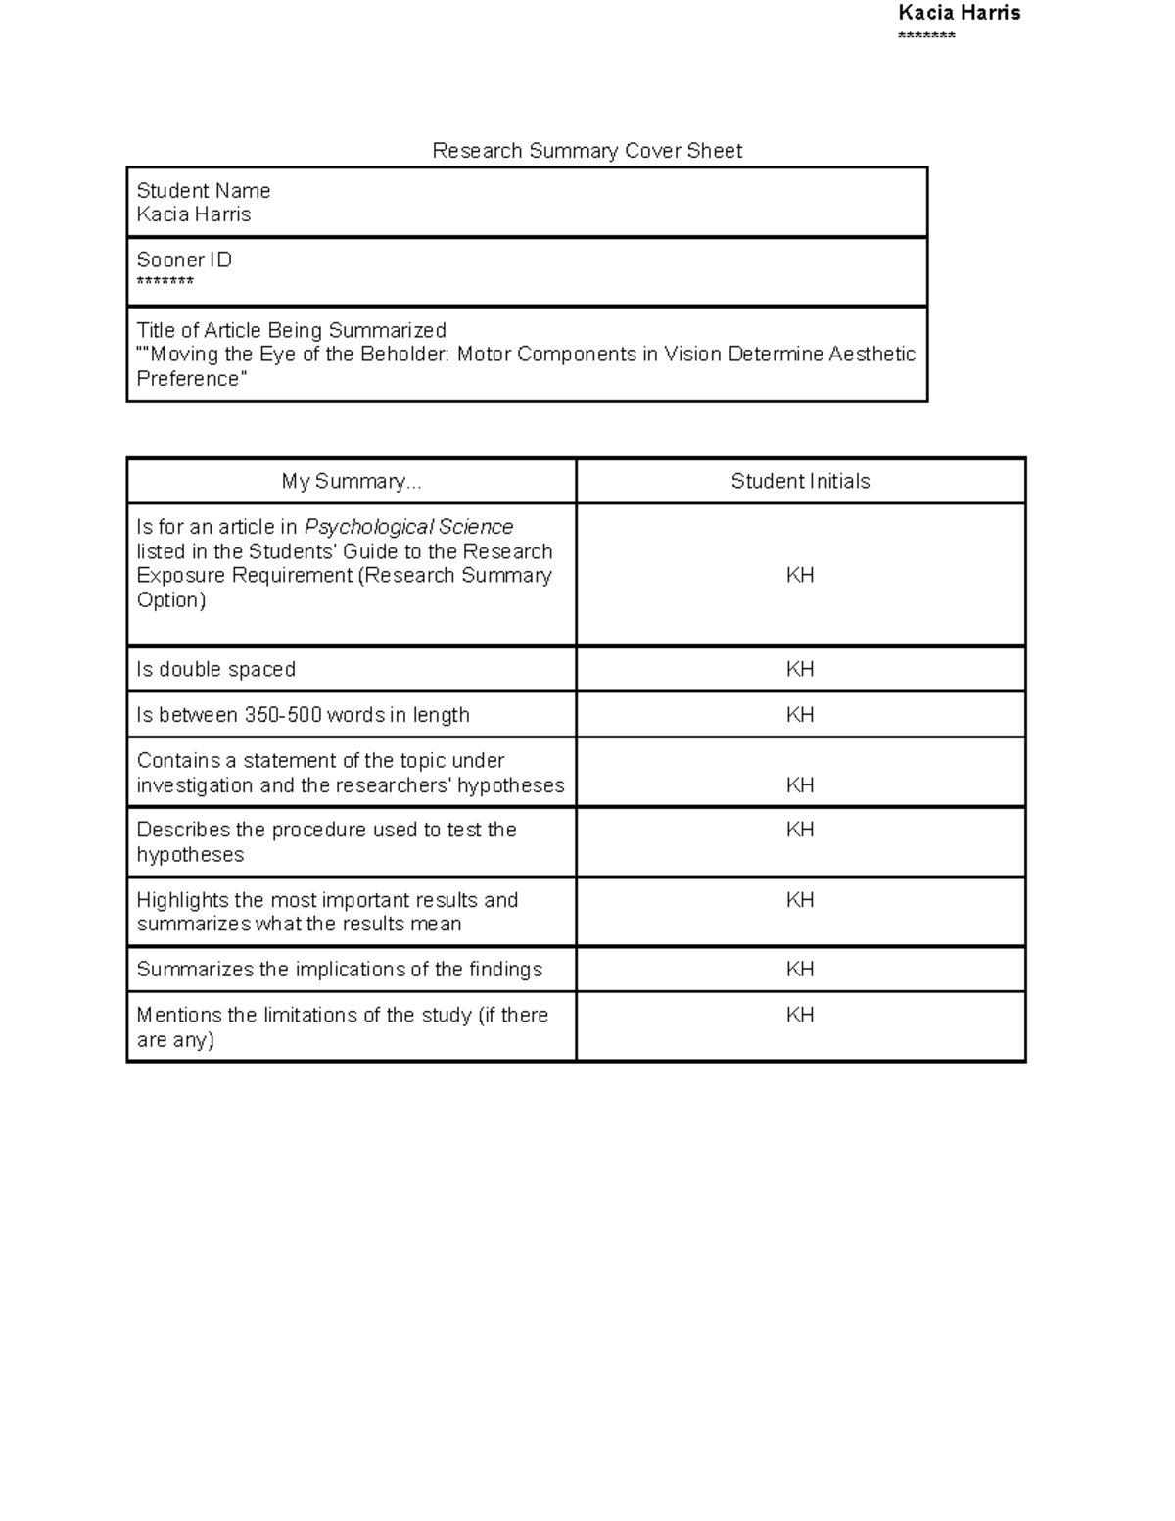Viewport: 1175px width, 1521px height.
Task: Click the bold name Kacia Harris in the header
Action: click(959, 13)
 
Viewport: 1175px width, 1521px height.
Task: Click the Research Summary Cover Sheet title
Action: click(587, 151)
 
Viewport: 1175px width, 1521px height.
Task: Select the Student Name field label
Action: click(203, 191)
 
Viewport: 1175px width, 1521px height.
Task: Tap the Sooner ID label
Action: click(184, 261)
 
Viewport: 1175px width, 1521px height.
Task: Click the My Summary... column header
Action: click(352, 481)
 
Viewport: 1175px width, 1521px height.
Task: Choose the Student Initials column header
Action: click(800, 481)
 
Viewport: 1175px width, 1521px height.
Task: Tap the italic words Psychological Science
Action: click(408, 527)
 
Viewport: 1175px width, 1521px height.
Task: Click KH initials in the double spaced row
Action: click(800, 670)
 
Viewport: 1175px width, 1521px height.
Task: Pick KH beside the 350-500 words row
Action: click(800, 715)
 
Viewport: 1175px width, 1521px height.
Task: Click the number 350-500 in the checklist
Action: click(283, 715)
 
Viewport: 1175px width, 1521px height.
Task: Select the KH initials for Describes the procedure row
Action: click(800, 830)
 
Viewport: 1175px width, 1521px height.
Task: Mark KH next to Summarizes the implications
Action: click(800, 970)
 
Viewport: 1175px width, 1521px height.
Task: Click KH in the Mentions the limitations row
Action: click(800, 1016)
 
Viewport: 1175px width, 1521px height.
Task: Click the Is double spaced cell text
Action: click(215, 670)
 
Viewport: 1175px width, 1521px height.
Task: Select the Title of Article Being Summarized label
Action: click(291, 330)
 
